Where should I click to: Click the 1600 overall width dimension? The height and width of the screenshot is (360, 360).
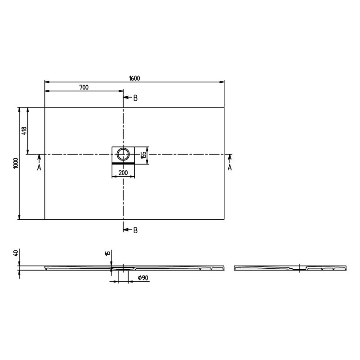[x=134, y=78]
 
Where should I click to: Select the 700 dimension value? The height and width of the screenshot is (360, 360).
[x=84, y=88]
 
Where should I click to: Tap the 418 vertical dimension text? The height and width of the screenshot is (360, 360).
[x=24, y=131]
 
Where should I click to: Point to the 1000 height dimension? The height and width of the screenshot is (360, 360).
[x=16, y=163]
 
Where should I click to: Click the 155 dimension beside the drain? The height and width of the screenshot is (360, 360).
[x=143, y=155]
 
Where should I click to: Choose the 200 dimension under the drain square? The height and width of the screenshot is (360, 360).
[x=123, y=173]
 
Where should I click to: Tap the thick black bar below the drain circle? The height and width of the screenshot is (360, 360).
[x=123, y=163]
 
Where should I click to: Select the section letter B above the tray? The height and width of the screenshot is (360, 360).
[x=135, y=98]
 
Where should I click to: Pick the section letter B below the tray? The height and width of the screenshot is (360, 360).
[x=135, y=230]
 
